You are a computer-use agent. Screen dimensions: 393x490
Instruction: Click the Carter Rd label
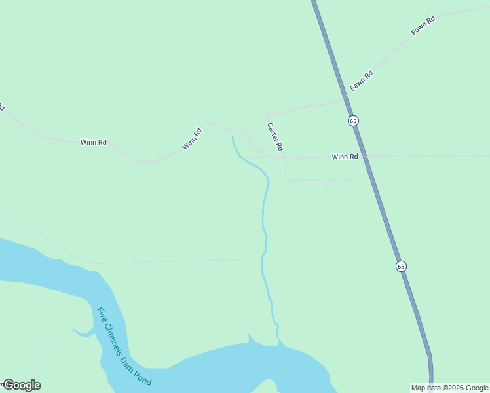275,136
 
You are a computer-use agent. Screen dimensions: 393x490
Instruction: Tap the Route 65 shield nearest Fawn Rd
353,121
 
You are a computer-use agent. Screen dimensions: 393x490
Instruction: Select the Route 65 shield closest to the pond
401,266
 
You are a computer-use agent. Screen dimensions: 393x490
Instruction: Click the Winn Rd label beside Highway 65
345,157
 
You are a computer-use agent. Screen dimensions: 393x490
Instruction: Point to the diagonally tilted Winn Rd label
192,139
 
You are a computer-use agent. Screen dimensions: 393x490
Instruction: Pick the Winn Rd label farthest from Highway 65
93,141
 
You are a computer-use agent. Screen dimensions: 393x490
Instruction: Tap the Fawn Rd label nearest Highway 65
361,81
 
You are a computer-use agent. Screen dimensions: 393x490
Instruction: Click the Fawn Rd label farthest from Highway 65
423,26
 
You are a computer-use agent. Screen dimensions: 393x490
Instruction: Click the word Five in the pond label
102,316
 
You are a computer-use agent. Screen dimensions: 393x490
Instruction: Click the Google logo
22,385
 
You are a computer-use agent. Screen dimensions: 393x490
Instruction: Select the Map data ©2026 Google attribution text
449,388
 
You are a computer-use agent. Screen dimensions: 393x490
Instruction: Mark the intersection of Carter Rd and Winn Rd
285,157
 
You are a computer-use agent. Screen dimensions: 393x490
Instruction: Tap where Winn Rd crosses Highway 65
364,156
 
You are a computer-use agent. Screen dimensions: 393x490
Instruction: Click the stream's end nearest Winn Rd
233,136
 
